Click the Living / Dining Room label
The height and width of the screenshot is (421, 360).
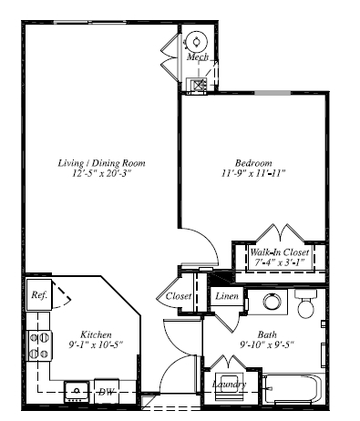click(x=101, y=163)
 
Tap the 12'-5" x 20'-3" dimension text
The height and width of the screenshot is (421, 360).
click(x=101, y=174)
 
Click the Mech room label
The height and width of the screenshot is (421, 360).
click(x=197, y=57)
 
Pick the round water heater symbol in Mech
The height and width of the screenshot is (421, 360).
click(x=198, y=41)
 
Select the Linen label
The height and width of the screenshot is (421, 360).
click(x=227, y=297)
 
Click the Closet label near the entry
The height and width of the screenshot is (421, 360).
click(x=179, y=297)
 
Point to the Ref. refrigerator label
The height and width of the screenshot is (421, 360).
click(x=39, y=295)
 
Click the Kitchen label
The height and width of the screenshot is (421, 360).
click(x=96, y=334)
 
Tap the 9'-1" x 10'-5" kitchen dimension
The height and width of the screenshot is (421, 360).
click(x=96, y=344)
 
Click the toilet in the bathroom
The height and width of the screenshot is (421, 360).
click(x=305, y=303)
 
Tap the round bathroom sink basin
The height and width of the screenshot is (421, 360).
click(x=271, y=303)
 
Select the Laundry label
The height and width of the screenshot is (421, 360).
click(x=229, y=385)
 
